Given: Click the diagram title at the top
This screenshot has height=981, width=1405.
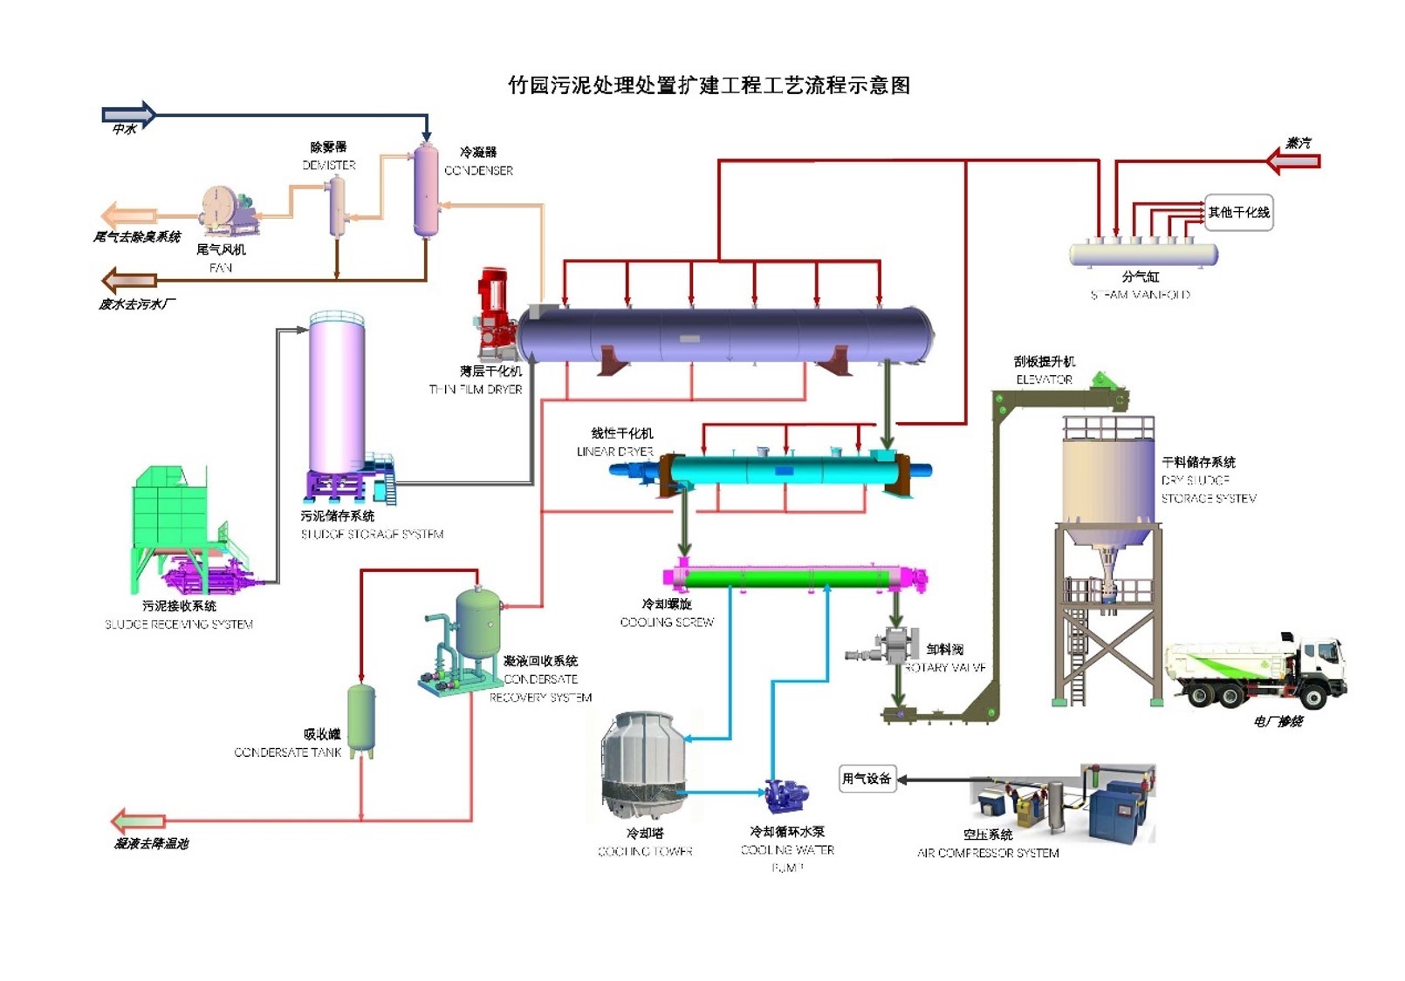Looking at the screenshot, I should coord(709,85).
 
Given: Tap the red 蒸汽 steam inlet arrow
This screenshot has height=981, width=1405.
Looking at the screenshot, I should coord(1293,160).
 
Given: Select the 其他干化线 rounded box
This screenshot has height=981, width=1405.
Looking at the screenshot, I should coord(1238,213).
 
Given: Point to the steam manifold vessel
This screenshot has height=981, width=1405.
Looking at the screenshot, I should coord(1143,255).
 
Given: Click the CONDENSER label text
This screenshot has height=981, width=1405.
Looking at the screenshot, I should coord(478,171).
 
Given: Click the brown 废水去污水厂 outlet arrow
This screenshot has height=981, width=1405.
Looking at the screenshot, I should coord(129,281).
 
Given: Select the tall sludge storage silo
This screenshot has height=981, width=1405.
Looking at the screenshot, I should coord(337,397).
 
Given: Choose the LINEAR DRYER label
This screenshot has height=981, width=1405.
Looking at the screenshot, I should coord(614,452).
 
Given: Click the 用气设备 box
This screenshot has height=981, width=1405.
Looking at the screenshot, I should coord(866,779).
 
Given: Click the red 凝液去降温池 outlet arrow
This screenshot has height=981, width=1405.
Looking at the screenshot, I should coord(138,821).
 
